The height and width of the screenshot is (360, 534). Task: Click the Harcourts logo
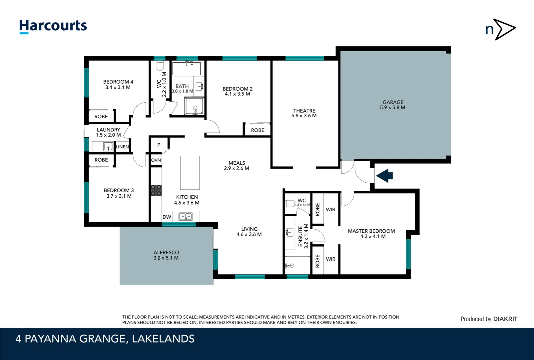53,26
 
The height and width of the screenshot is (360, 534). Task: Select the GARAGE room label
393,102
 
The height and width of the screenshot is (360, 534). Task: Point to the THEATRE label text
304,111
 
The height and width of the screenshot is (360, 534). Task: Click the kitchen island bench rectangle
190,173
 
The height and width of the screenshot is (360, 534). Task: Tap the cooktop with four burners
156,190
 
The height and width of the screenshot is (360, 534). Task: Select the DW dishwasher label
167,217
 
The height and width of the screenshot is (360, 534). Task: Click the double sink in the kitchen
186,217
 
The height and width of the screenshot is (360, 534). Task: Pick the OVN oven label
156,160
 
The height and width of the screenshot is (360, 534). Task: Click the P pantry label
159,145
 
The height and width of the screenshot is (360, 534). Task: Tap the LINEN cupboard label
122,147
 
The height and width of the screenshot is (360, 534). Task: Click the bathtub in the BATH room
186,69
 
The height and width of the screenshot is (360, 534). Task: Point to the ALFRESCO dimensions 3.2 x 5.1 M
166,258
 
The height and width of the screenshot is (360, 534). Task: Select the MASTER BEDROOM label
371,231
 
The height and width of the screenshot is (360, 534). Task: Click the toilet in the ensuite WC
289,203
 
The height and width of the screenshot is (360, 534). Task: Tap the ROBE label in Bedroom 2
258,130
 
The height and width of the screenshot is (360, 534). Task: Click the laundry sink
108,146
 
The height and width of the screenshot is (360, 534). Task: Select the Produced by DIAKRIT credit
489,319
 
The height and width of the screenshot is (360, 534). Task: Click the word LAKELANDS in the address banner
163,339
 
